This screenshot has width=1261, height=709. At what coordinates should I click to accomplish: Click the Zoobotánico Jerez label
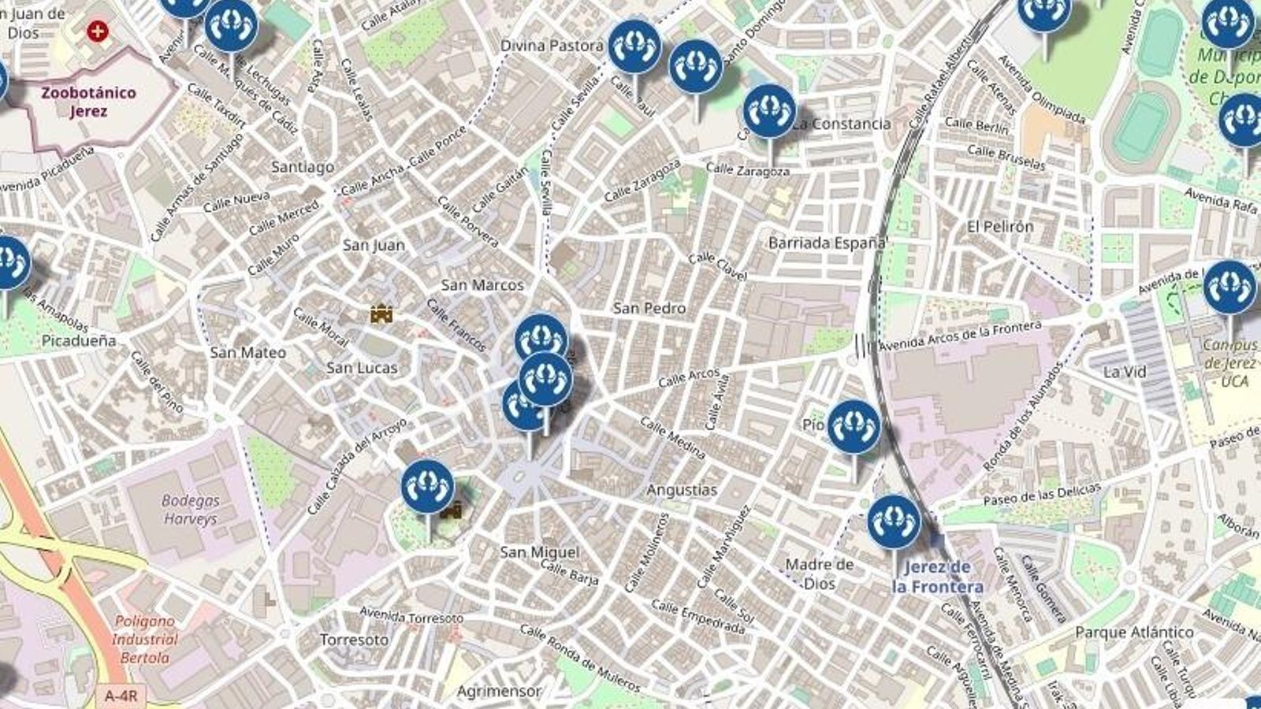(88, 102)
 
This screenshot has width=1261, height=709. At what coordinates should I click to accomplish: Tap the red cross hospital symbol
(97, 32)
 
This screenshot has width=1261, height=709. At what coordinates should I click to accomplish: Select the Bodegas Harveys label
(190, 510)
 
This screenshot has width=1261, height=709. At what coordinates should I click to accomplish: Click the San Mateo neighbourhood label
(247, 353)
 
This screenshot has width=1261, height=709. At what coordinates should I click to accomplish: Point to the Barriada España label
(827, 243)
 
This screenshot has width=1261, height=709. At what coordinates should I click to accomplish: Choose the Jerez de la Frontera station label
(937, 577)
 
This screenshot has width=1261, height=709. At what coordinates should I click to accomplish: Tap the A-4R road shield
(121, 696)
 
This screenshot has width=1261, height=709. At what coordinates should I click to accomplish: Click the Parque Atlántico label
(1134, 632)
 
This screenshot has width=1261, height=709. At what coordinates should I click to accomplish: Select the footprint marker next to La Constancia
(769, 111)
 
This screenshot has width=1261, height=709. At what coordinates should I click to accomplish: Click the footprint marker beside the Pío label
(853, 426)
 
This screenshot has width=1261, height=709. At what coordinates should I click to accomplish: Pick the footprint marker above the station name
(894, 522)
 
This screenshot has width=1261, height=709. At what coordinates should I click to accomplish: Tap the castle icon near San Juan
(381, 314)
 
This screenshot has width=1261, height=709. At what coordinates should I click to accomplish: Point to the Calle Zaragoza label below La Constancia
(747, 169)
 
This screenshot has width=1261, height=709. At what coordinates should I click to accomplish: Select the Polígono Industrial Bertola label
(145, 639)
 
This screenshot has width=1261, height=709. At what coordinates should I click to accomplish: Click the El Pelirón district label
(999, 227)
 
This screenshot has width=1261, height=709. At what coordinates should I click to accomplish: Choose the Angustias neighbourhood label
(682, 490)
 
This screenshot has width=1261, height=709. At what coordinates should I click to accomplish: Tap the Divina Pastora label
(552, 46)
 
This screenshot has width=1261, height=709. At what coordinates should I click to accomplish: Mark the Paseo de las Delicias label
(1041, 495)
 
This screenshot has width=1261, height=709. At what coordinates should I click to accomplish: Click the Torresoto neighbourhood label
(354, 640)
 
